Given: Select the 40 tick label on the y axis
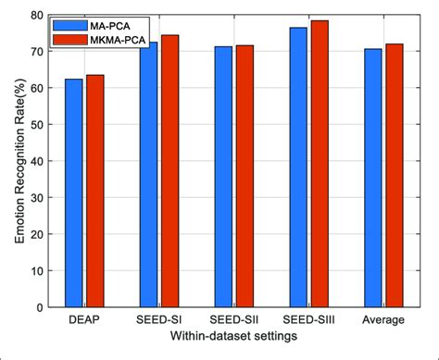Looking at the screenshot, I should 36,161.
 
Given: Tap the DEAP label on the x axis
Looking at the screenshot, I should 84,320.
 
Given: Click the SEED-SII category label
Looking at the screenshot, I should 233,320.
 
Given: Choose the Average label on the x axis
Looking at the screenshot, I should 383,320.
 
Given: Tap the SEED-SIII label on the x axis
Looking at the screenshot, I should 308,320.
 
